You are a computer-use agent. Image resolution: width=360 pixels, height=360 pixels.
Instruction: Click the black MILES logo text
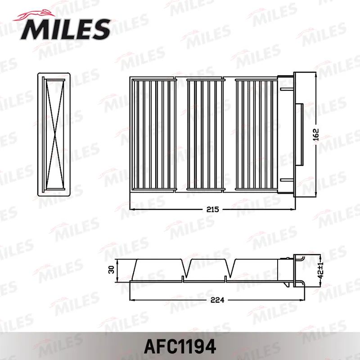(65, 29)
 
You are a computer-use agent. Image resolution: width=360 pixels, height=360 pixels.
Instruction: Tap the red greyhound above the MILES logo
(35, 15)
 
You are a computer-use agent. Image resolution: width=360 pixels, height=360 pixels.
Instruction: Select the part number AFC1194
(180, 346)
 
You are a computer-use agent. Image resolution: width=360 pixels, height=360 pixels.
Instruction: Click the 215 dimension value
(212, 209)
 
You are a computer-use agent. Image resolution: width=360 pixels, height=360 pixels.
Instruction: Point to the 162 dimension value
(316, 135)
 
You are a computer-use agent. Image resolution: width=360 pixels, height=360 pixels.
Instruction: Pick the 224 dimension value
(217, 300)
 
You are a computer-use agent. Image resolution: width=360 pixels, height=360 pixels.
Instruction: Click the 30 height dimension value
(111, 270)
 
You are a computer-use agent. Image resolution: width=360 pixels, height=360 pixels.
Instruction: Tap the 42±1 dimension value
(321, 270)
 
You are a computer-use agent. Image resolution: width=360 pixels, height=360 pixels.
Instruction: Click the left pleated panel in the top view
(153, 135)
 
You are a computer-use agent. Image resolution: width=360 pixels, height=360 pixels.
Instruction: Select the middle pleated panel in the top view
(206, 135)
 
